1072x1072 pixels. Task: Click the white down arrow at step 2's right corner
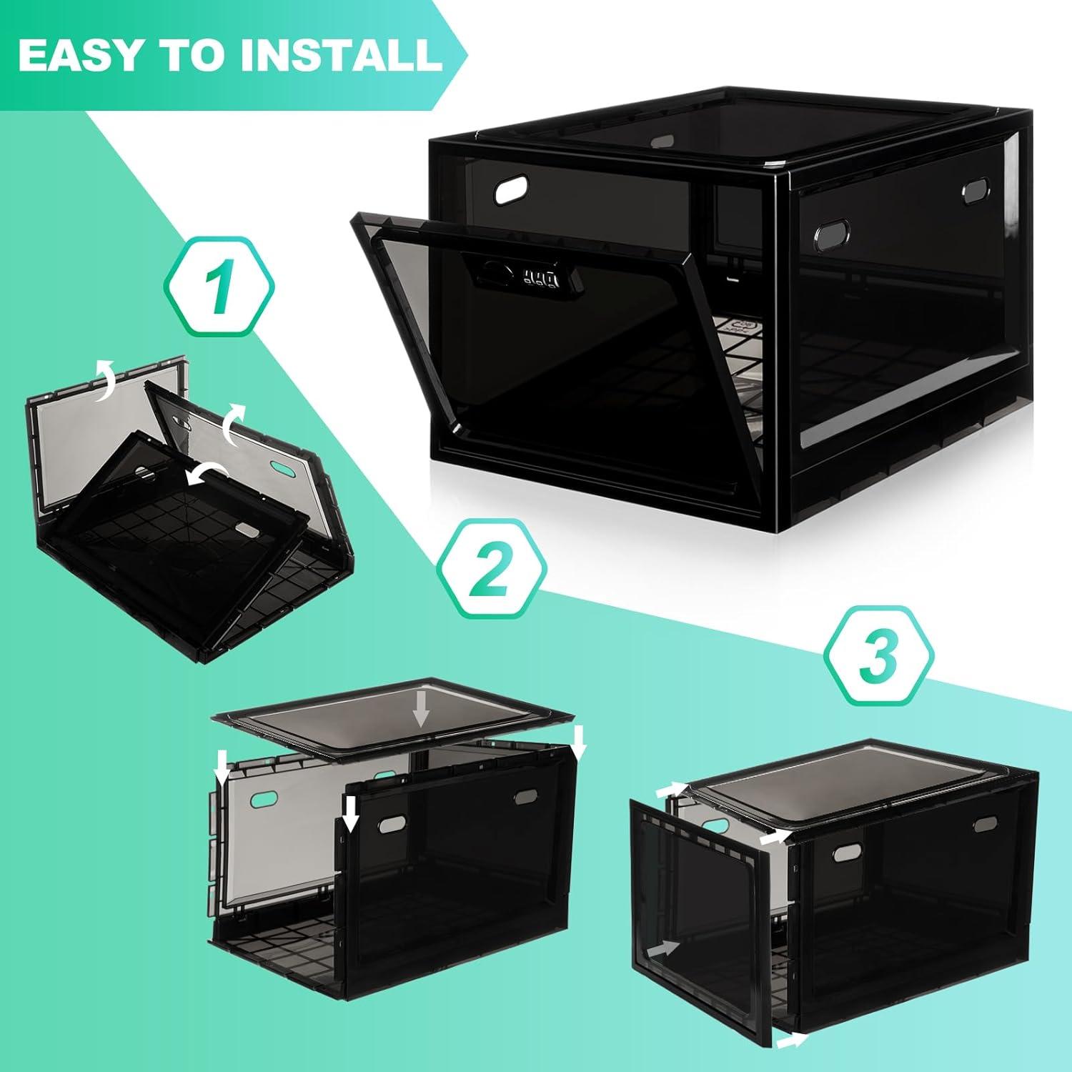pyautogui.click(x=579, y=742)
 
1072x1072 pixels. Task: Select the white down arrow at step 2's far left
pyautogui.click(x=223, y=767)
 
